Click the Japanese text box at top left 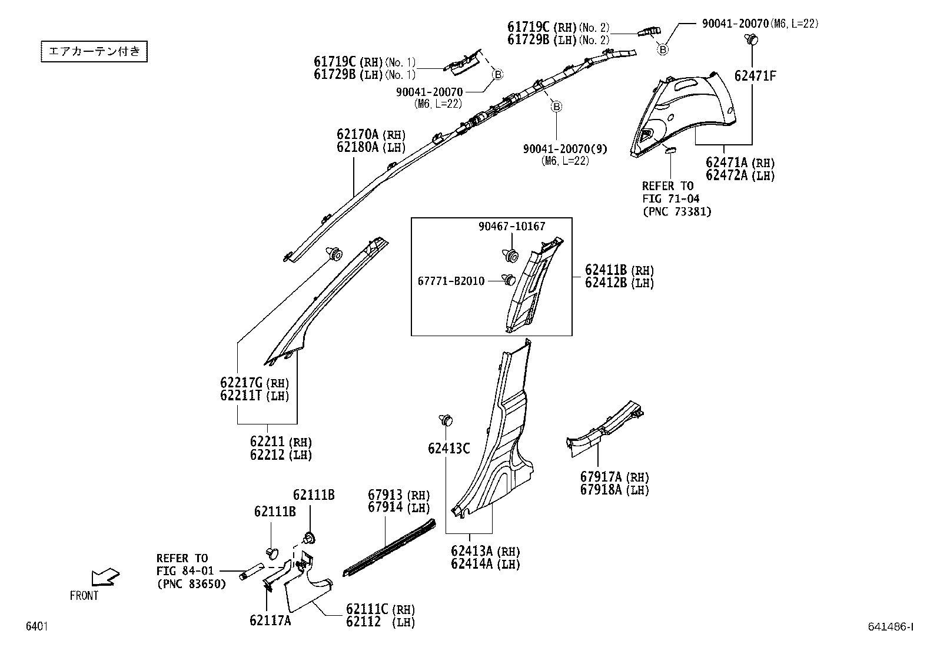click(94, 51)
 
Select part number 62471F click(755, 76)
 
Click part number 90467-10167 click(511, 226)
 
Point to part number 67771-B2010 click(451, 281)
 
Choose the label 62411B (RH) click(619, 270)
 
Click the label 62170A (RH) click(371, 135)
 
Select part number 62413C click(448, 449)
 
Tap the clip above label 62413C click(447, 420)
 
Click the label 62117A click(270, 620)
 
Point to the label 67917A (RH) click(614, 477)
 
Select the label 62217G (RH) click(255, 383)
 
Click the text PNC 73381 click(676, 212)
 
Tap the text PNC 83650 click(191, 584)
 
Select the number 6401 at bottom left click(36, 627)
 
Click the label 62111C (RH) click(380, 609)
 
